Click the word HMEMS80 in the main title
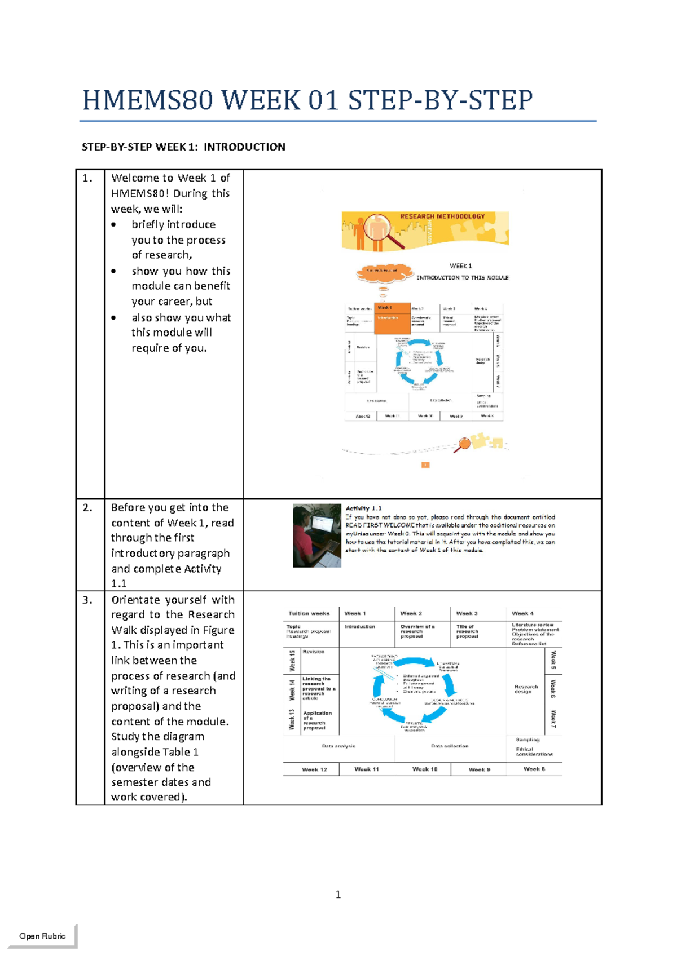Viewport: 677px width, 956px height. tap(148, 101)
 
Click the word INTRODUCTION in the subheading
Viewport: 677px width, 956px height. tap(244, 147)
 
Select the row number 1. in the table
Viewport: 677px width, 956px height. tap(87, 179)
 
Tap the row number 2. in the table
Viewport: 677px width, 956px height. tap(87, 508)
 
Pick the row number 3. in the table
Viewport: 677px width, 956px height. tap(87, 600)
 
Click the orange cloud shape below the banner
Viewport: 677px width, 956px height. tap(384, 272)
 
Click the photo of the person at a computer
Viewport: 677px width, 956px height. tap(317, 535)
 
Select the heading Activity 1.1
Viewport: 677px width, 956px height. tap(364, 508)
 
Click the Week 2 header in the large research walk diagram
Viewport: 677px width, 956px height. tap(411, 613)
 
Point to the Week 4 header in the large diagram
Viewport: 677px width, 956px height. tap(523, 613)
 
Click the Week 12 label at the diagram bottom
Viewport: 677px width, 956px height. tap(314, 769)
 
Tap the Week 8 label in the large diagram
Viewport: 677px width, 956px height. tap(534, 769)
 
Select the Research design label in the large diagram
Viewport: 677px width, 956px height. tap(526, 689)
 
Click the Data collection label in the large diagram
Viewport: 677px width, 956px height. tap(450, 746)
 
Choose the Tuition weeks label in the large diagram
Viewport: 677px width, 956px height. tap(309, 613)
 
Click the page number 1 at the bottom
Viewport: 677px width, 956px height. tap(338, 895)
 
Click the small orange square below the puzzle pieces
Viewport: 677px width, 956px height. tap(425, 465)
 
